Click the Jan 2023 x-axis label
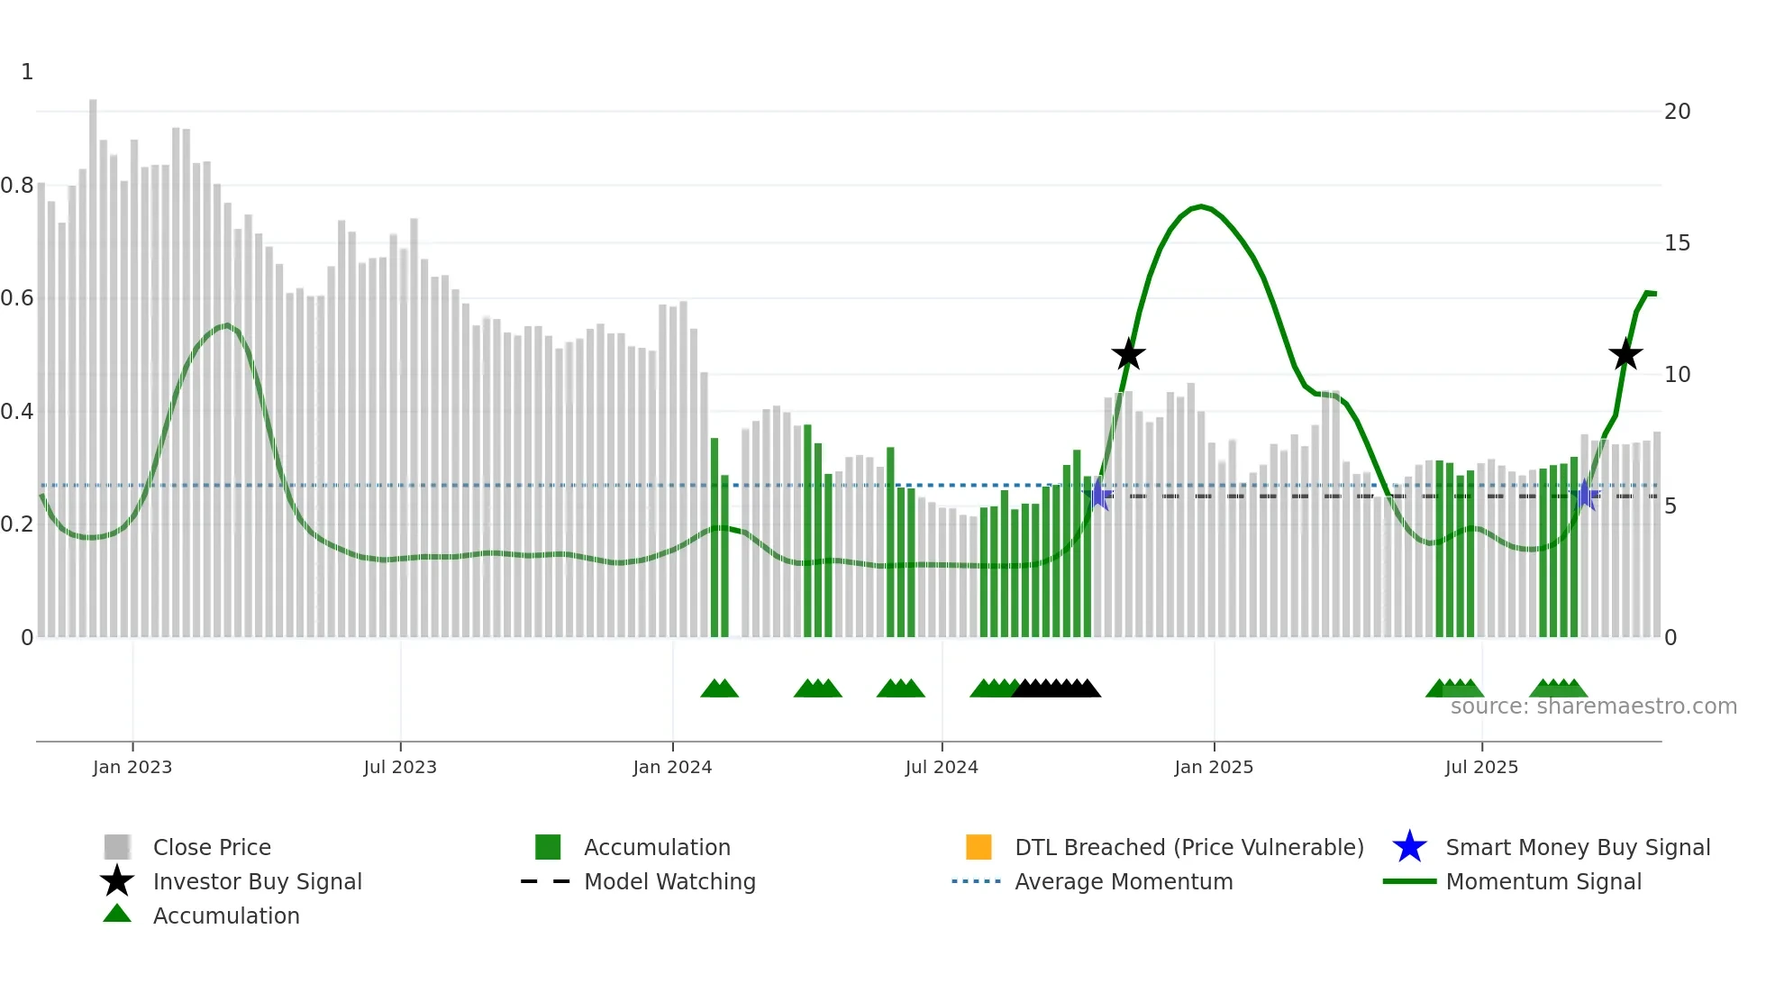[132, 767]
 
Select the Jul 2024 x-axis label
[942, 767]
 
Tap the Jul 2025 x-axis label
[1481, 767]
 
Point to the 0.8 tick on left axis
[18, 186]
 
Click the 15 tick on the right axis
[1677, 243]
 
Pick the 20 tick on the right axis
[1677, 112]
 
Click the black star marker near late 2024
[1128, 355]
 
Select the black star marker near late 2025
[1625, 355]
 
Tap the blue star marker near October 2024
[1099, 495]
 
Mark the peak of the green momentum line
[1201, 206]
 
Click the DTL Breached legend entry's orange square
[979, 847]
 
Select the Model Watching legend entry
[669, 881]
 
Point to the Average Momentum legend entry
[1123, 881]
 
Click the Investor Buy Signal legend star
[117, 881]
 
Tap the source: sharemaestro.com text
[1593, 706]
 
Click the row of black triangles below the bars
[1056, 688]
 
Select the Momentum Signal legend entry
[1543, 881]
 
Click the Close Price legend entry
[211, 847]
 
